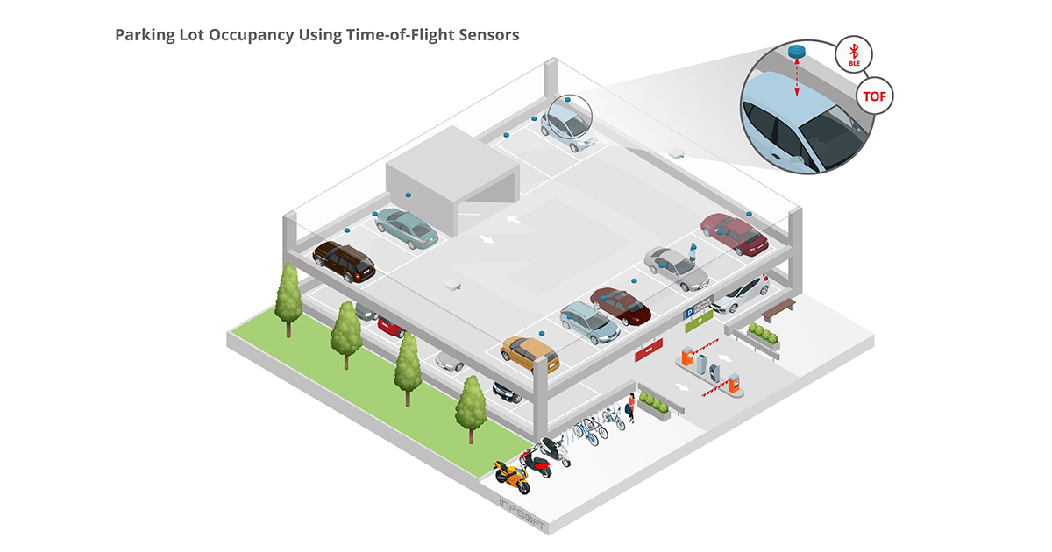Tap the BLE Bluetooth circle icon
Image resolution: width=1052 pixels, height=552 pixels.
point(854,55)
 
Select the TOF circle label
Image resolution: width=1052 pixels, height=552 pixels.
point(874,96)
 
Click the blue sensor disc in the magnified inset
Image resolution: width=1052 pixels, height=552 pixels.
point(797,52)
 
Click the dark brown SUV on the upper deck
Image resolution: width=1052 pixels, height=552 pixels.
point(344,260)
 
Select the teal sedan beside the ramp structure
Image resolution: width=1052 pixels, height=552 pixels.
point(406,227)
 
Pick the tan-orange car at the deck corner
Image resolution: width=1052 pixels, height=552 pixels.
point(530,353)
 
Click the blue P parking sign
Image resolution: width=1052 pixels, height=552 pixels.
point(689,313)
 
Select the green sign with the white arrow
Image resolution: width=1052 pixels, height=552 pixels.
point(698,324)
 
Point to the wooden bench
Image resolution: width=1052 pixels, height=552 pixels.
point(778,308)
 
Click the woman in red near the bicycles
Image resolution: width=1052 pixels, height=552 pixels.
point(630,407)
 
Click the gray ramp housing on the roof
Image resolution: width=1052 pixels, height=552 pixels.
point(447,166)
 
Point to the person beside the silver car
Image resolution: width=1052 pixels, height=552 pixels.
point(693,251)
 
